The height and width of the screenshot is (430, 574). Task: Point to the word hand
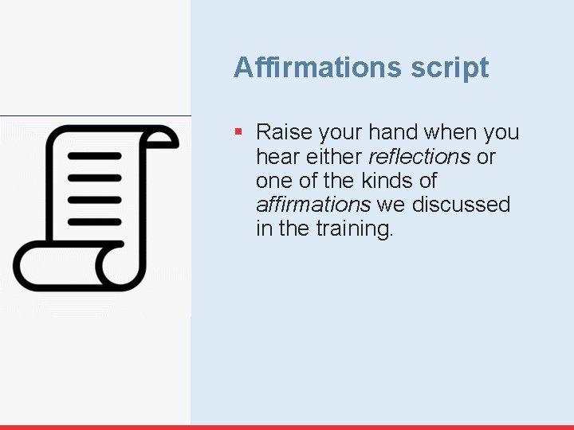395,132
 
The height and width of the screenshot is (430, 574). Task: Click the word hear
277,156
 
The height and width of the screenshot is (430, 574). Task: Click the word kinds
379,180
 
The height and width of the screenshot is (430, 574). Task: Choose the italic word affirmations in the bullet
313,204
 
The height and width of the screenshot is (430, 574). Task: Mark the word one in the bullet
274,181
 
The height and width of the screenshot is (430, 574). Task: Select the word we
391,205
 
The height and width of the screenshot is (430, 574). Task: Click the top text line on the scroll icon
94,156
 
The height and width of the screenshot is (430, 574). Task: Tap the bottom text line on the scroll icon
94,221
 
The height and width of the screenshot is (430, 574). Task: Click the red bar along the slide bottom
287,427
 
